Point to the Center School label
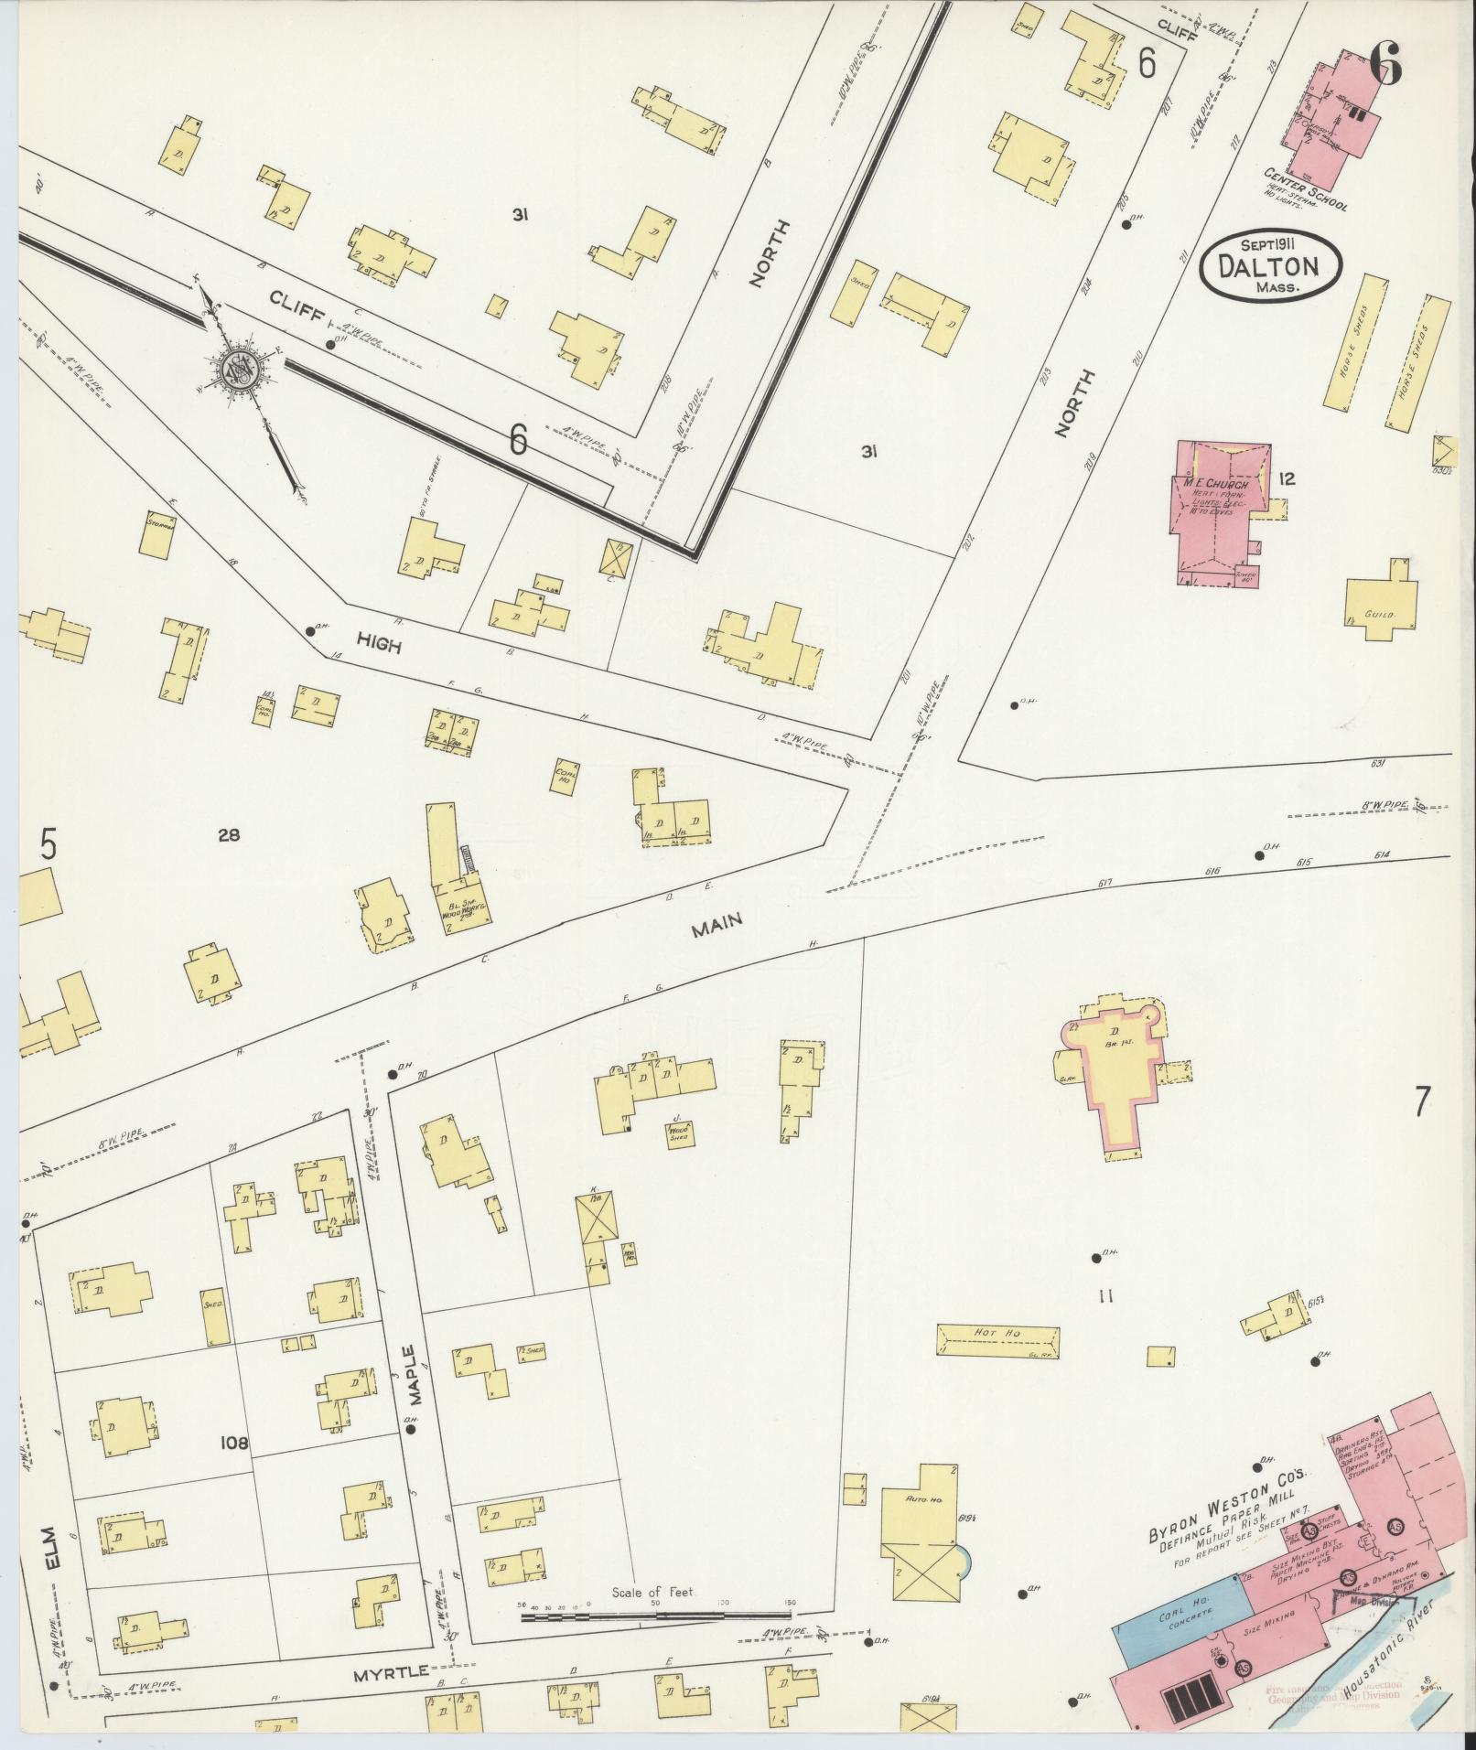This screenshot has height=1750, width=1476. point(1305,188)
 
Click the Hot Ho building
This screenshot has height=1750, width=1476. point(997,1339)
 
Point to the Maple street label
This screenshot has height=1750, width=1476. point(408,1376)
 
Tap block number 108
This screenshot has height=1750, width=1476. point(235,1443)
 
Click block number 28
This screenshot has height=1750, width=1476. point(228,833)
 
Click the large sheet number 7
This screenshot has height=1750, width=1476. point(1420,1102)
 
